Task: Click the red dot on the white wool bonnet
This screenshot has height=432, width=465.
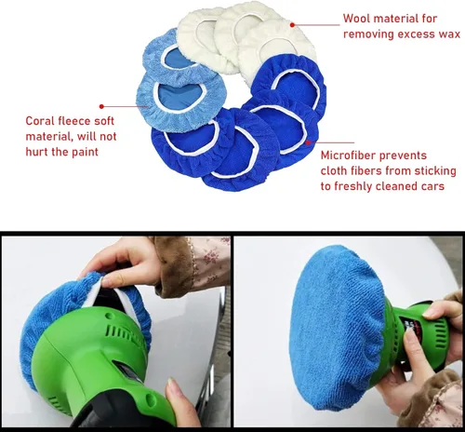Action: (292, 25)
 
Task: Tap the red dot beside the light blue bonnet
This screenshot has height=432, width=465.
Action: (101, 106)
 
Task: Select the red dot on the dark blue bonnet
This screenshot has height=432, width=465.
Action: (308, 142)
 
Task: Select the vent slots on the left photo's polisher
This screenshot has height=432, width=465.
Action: (123, 332)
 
